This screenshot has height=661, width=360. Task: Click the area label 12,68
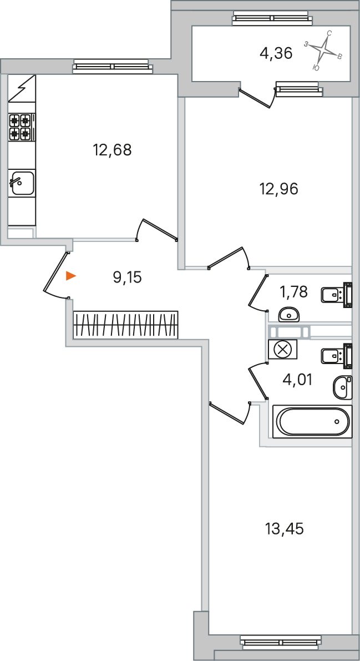coord(112,150)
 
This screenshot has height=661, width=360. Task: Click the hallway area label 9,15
coord(128,277)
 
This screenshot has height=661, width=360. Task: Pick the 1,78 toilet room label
coord(294,291)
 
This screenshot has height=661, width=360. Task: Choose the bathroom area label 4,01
coord(297,380)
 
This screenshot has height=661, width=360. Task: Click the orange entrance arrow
coord(71,276)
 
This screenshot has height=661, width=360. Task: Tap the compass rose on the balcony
coord(323,50)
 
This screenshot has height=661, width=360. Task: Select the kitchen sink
coord(22,183)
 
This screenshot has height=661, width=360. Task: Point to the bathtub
coord(312,421)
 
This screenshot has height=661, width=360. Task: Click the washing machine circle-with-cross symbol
coord(282,350)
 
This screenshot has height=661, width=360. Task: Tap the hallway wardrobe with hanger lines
coord(125,325)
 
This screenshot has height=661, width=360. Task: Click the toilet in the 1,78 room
coord(337,293)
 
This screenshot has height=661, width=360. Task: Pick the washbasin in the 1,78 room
coord(289,313)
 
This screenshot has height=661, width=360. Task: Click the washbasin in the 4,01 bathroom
coord(342,387)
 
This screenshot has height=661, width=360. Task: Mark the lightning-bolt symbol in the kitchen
coord(22,88)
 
